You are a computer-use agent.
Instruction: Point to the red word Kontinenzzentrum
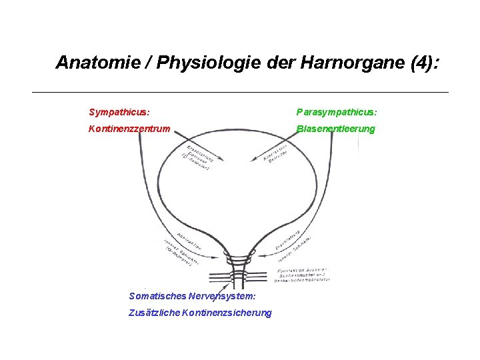129,128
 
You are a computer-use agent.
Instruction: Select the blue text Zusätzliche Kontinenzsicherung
200,313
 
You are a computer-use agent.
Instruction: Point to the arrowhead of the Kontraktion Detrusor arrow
252,160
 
